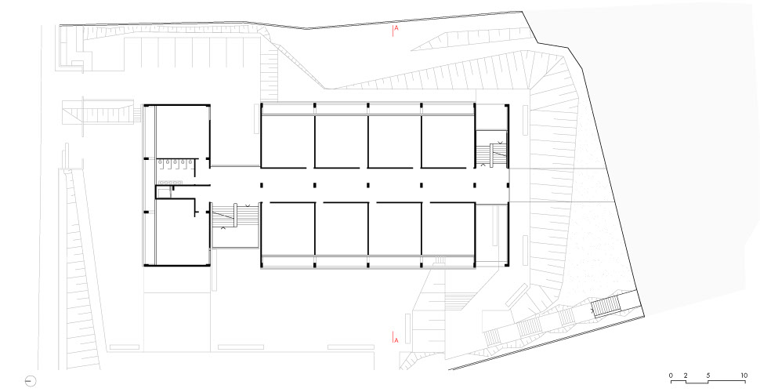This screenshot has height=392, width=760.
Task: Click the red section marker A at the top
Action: [x=396, y=28]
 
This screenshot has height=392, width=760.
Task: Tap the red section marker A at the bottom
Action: [x=396, y=340]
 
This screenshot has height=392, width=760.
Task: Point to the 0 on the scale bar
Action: [x=671, y=376]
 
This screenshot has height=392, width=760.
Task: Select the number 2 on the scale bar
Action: [x=686, y=376]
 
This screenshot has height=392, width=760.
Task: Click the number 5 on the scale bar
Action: [x=708, y=376]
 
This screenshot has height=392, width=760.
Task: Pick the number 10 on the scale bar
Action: [x=744, y=376]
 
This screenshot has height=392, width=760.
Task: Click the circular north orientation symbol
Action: [x=30, y=381]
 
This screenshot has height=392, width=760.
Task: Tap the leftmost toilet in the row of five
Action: [x=160, y=164]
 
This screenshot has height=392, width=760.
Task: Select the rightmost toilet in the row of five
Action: [x=190, y=164]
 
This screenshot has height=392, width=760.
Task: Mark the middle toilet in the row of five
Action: [x=175, y=164]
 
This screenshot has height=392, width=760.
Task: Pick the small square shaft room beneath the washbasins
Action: [x=163, y=192]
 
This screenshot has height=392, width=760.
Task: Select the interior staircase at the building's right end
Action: [x=491, y=154]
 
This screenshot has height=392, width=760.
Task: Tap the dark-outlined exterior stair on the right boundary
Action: [x=606, y=306]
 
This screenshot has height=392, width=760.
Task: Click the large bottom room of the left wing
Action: [x=175, y=233]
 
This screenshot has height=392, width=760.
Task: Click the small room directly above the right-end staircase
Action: [x=491, y=118]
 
